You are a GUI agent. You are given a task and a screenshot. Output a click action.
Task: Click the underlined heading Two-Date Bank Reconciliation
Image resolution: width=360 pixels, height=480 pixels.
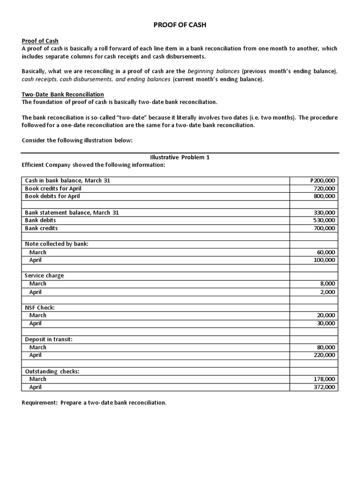coord(63,94)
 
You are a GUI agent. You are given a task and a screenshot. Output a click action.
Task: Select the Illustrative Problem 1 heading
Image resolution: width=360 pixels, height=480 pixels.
coord(180,157)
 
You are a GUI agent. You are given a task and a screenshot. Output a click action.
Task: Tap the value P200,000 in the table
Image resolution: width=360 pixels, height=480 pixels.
coord(323,180)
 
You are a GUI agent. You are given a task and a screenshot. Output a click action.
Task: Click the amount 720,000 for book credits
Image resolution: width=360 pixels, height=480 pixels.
coord(324,188)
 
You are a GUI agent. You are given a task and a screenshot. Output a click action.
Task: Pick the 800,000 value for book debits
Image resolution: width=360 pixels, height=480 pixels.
coord(324,196)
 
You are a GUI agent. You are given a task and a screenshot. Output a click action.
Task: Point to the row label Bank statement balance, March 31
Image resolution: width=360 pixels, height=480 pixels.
coord(72,212)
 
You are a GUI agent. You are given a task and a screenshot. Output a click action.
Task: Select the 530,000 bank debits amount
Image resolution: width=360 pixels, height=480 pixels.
coord(324,220)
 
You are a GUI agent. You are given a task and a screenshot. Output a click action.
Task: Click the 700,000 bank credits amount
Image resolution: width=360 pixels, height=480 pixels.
coord(324,228)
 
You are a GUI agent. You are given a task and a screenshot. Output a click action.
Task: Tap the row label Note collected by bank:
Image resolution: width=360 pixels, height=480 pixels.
coord(56,244)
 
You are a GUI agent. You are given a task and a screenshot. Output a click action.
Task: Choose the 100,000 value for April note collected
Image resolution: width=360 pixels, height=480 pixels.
coord(324,260)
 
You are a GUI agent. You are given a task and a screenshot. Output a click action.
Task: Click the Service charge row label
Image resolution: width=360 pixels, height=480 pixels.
coord(44,276)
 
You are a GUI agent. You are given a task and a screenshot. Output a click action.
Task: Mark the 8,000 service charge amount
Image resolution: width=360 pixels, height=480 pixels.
coord(328,284)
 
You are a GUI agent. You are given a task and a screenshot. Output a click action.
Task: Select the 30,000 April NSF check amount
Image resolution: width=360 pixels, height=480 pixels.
coord(326,323)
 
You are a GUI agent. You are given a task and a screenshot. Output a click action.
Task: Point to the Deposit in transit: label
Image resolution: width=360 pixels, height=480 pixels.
coord(48,339)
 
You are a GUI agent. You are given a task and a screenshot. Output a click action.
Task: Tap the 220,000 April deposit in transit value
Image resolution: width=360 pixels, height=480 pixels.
coord(324,355)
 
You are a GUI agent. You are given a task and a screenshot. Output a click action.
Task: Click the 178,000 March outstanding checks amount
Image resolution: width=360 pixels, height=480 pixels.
coord(324,379)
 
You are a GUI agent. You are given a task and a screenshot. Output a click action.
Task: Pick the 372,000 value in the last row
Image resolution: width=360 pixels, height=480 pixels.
coord(324,387)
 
